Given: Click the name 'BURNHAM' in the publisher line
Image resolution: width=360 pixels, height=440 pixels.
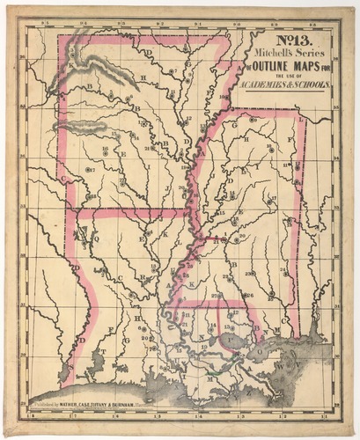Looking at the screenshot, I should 145,407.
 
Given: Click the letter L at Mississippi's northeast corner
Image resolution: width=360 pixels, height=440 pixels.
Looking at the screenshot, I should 299,117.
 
